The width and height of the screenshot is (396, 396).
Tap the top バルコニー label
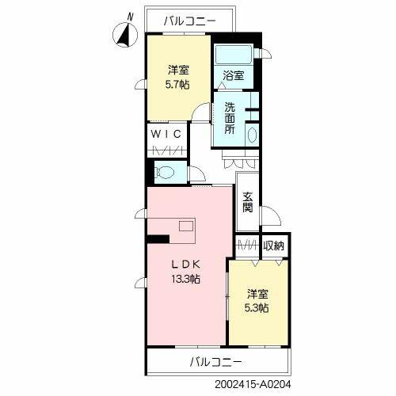[x=188, y=21]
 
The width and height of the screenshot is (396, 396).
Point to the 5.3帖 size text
[x=256, y=307]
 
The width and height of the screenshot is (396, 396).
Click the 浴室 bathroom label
[x=233, y=76]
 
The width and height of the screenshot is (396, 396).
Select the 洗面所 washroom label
[x=229, y=118]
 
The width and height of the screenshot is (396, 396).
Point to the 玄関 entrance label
[x=247, y=204]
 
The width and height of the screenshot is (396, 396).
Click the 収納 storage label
[x=274, y=246]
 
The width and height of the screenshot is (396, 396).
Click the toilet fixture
[x=166, y=171]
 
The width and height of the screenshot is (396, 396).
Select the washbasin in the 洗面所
[x=253, y=134]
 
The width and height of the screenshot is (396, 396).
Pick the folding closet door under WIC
[x=167, y=150]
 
